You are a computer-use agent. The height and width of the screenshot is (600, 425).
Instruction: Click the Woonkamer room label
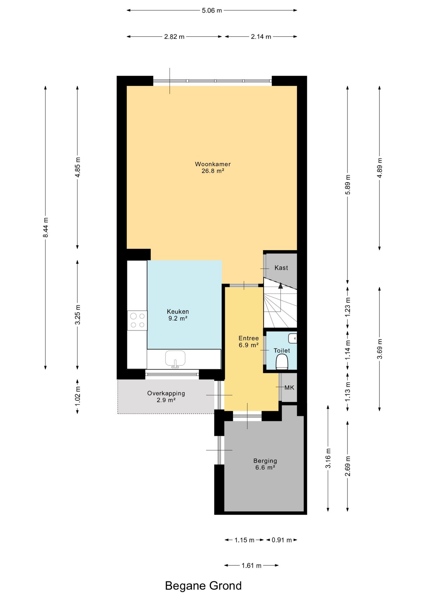pyautogui.click(x=213, y=164)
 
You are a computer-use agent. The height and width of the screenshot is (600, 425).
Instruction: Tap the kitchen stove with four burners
pyautogui.click(x=137, y=320)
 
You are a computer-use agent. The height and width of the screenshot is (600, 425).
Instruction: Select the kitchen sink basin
pyautogui.click(x=175, y=359)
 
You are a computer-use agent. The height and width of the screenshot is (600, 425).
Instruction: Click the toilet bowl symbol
pyautogui.click(x=282, y=362)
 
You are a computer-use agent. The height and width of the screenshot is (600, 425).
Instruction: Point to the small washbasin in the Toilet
pyautogui.click(x=293, y=338)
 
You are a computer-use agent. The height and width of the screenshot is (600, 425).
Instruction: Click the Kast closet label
pyautogui.click(x=281, y=268)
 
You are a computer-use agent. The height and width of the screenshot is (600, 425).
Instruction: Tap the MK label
pyautogui.click(x=289, y=387)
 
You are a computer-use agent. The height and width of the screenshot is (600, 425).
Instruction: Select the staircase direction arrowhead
pyautogui.click(x=280, y=285)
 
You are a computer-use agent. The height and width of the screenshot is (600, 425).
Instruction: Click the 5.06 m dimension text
pyautogui.click(x=212, y=10)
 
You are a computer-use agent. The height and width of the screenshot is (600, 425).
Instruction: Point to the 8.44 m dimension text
pyautogui.click(x=46, y=227)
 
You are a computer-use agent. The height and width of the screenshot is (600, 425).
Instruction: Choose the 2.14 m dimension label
pyautogui.click(x=261, y=37)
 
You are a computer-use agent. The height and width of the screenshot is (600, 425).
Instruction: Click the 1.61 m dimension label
pyautogui.click(x=252, y=565)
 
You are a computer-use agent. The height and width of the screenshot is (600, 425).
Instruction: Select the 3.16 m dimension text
pyautogui.click(x=328, y=458)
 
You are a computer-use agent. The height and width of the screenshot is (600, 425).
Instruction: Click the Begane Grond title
pyautogui.click(x=203, y=586)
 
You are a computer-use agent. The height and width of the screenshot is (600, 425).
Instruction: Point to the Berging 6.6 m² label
pyautogui.click(x=265, y=464)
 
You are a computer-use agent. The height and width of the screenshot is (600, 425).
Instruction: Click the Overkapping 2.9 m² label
pyautogui.click(x=166, y=397)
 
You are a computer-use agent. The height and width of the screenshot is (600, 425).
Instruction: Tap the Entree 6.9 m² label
pyautogui.click(x=249, y=342)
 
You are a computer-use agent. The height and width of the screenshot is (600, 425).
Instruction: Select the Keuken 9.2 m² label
pyautogui.click(x=178, y=315)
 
